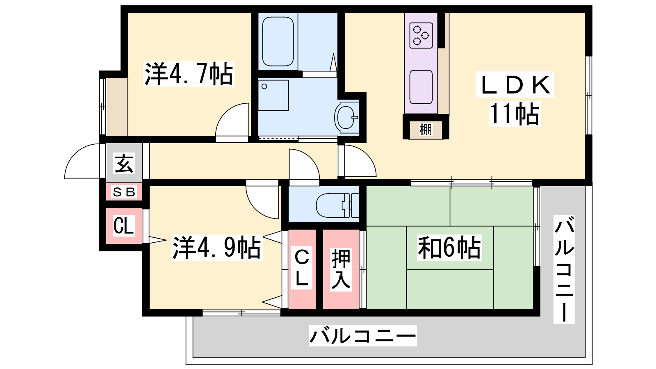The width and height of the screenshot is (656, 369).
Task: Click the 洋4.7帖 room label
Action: [x=189, y=74]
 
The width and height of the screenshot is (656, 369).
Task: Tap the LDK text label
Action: [x=515, y=84]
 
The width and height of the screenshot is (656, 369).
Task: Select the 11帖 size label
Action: [x=515, y=114]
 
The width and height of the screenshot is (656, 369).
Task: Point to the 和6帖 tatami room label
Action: [x=449, y=248]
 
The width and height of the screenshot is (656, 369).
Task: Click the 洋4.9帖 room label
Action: [x=217, y=248]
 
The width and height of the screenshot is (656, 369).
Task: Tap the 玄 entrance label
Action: [x=124, y=164]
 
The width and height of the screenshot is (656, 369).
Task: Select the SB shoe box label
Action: [x=124, y=192]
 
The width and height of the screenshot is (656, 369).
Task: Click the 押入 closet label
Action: [x=341, y=269]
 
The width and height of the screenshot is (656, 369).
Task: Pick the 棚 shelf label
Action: [x=426, y=130]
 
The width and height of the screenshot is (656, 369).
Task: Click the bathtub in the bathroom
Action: [x=278, y=41]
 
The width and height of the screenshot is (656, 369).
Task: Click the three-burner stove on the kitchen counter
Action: [x=421, y=35]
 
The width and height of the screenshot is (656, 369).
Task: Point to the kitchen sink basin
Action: [x=421, y=87]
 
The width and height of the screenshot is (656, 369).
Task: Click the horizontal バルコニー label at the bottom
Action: [x=362, y=336]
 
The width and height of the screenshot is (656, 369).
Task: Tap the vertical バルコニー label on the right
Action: [x=564, y=269]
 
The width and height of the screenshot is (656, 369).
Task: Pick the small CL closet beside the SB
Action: [x=124, y=226]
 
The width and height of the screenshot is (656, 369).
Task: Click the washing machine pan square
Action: [x=273, y=96]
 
